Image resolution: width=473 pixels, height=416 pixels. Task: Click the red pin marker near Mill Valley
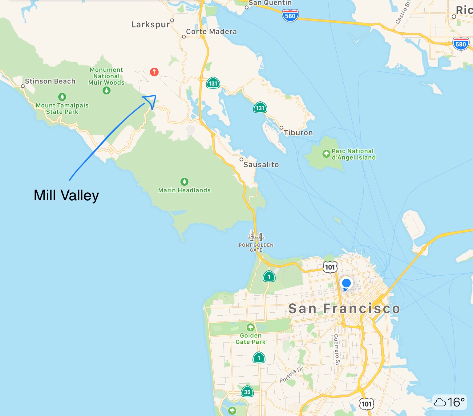(x=154, y=72)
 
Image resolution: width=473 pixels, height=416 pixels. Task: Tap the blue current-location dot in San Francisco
(x=346, y=283)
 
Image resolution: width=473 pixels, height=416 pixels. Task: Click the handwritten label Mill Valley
(x=66, y=195)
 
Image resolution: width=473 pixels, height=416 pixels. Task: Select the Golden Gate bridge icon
(x=256, y=236)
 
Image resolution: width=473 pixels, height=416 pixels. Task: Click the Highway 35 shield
(x=247, y=392)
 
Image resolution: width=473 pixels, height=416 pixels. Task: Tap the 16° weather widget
(x=450, y=402)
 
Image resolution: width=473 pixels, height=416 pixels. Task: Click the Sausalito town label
(x=261, y=165)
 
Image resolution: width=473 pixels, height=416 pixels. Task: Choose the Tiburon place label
(x=298, y=133)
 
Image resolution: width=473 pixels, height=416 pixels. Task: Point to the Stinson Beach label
(x=50, y=81)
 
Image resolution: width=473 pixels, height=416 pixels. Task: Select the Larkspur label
(x=151, y=25)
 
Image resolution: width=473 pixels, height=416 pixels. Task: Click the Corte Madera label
(x=211, y=32)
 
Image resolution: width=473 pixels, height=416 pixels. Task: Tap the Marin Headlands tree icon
(x=184, y=182)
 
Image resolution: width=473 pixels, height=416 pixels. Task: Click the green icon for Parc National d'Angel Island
(x=326, y=154)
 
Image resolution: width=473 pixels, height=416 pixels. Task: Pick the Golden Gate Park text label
(x=251, y=338)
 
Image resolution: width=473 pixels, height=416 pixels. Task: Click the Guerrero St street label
(x=337, y=350)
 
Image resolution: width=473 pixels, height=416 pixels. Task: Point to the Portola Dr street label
(x=291, y=375)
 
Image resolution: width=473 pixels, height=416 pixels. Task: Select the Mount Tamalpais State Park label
(x=62, y=109)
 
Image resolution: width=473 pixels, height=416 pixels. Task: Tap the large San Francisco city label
(x=344, y=309)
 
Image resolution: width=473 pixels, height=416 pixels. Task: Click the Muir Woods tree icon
(x=107, y=90)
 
